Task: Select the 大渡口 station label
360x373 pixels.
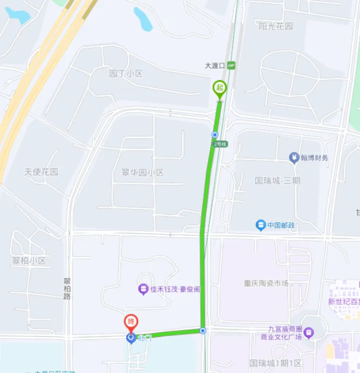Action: pos(215,66)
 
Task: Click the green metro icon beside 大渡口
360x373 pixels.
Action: pos(232,66)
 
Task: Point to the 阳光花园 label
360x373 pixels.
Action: pos(275,26)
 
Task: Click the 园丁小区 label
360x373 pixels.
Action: pos(126,73)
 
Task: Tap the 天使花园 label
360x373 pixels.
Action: pos(41,171)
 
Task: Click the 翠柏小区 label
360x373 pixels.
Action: pos(29,261)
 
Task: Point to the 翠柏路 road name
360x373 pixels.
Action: pos(67,288)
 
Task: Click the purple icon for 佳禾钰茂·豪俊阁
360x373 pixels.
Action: pos(143,289)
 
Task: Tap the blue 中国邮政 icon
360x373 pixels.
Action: pos(261,224)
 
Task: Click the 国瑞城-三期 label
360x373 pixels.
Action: pos(277,180)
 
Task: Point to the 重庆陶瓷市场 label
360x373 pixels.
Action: pos(265,283)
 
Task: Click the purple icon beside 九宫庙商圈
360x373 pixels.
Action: pos(309,332)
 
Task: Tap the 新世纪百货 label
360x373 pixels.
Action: pos(344,301)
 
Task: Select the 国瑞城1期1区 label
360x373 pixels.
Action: pos(276,363)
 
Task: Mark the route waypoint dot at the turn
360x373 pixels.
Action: pos(203,331)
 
